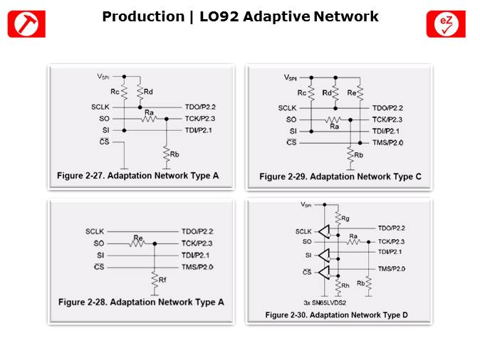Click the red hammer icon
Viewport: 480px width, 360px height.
pyautogui.click(x=26, y=24)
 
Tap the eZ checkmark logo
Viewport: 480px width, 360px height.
pyautogui.click(x=446, y=24)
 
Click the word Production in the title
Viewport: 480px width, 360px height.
pyautogui.click(x=143, y=16)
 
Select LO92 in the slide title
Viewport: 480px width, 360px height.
pyautogui.click(x=219, y=16)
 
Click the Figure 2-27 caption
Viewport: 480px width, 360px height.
pyautogui.click(x=137, y=176)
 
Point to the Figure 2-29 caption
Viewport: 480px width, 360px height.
pyautogui.click(x=340, y=176)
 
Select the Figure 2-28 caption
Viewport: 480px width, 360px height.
pyautogui.click(x=141, y=302)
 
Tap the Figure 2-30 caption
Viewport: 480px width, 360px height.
pyautogui.click(x=336, y=315)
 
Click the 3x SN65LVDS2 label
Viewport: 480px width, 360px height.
pyautogui.click(x=325, y=303)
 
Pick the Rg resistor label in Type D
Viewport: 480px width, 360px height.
pyautogui.click(x=345, y=218)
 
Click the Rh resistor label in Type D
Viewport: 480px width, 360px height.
pyautogui.click(x=345, y=285)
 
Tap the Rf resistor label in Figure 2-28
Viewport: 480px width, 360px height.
pyautogui.click(x=162, y=280)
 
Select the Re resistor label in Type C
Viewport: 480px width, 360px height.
pyautogui.click(x=351, y=92)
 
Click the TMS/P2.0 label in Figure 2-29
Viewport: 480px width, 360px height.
pyautogui.click(x=387, y=143)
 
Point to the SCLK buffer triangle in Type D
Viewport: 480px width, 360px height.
pyautogui.click(x=324, y=231)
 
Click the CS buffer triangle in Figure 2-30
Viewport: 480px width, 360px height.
pyautogui.click(x=324, y=272)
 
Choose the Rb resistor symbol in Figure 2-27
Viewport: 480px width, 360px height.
pyautogui.click(x=166, y=154)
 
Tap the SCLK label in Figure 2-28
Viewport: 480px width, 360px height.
pyautogui.click(x=95, y=231)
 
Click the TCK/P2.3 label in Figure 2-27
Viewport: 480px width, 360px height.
pyautogui.click(x=200, y=119)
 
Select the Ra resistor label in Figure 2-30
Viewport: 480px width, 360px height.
pyautogui.click(x=353, y=236)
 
